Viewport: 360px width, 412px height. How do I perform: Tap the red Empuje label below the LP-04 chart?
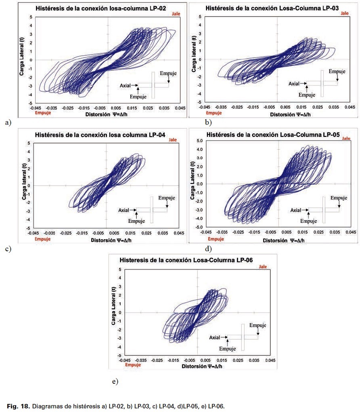click(x=43, y=239)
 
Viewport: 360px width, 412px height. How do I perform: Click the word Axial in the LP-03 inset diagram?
click(x=294, y=84)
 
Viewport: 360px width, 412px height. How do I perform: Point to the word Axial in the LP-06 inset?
click(x=215, y=337)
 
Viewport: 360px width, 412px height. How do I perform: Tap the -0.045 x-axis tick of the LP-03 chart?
click(x=205, y=108)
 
